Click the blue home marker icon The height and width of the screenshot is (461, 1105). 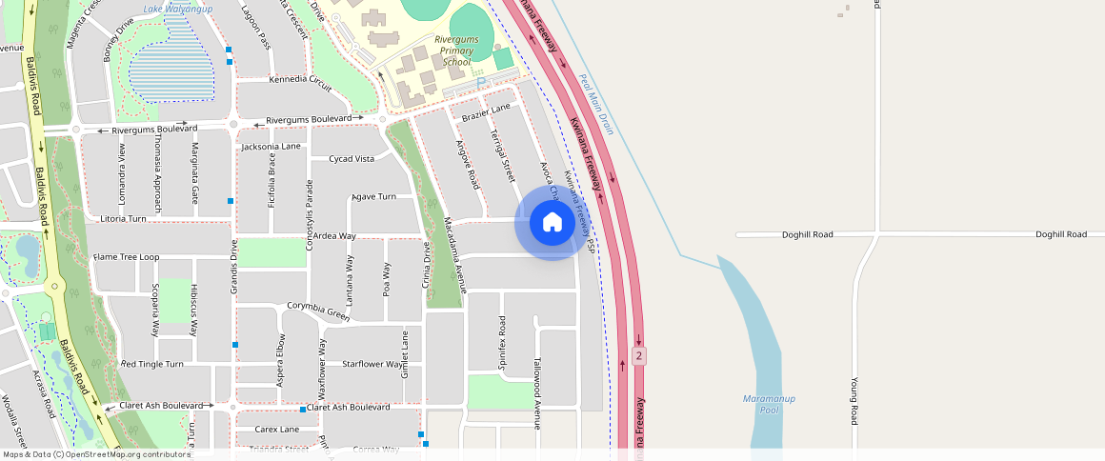pos(552,223)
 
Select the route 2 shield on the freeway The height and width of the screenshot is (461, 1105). pos(638,355)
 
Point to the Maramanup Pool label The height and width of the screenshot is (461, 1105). pos(769,404)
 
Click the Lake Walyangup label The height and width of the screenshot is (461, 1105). pos(178,9)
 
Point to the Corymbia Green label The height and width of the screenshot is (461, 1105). pos(318,311)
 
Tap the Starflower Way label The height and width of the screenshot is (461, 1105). pos(372,364)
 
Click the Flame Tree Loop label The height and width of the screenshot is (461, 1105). pos(126,257)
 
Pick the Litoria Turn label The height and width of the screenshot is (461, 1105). pos(123,218)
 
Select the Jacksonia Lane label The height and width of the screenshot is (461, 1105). pos(271,147)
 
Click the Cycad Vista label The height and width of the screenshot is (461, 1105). pos(351,159)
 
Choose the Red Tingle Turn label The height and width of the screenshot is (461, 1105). pos(151,364)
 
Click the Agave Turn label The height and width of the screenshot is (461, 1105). pos(373,196)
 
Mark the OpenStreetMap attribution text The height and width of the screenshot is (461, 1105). pos(96,454)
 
